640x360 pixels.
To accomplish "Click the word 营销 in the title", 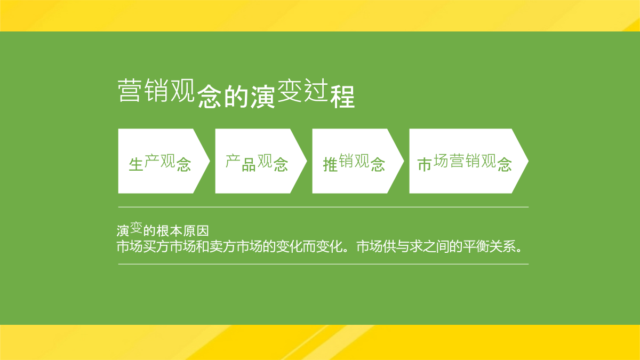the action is (x=143, y=91).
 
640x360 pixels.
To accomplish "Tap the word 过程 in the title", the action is (x=329, y=93).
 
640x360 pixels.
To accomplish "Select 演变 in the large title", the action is (x=276, y=93).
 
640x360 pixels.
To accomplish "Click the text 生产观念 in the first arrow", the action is (x=159, y=163).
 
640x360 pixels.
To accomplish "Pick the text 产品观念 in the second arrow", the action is (x=257, y=163).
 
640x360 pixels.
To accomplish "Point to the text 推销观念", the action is (x=354, y=163).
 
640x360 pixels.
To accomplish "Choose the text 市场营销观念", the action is (x=465, y=163).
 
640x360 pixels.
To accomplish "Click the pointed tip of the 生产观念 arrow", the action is (x=210, y=161).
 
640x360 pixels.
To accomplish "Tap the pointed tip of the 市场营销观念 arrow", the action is (x=529, y=161).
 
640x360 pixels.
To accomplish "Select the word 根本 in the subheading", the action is (x=169, y=231).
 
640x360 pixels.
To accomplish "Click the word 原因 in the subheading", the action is (x=196, y=231).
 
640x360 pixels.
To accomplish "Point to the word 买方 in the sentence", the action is (x=156, y=246).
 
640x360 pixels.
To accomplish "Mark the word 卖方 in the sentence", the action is (x=222, y=246).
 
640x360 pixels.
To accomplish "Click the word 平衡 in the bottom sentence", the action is (x=476, y=246).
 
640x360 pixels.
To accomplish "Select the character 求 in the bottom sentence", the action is (x=416, y=246).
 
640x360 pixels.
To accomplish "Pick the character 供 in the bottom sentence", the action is (x=390, y=246).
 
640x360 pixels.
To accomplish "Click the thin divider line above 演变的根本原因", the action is (x=323, y=207).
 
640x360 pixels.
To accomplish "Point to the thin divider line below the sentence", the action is (x=323, y=265).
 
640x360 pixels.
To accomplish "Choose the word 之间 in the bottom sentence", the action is (x=436, y=246).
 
